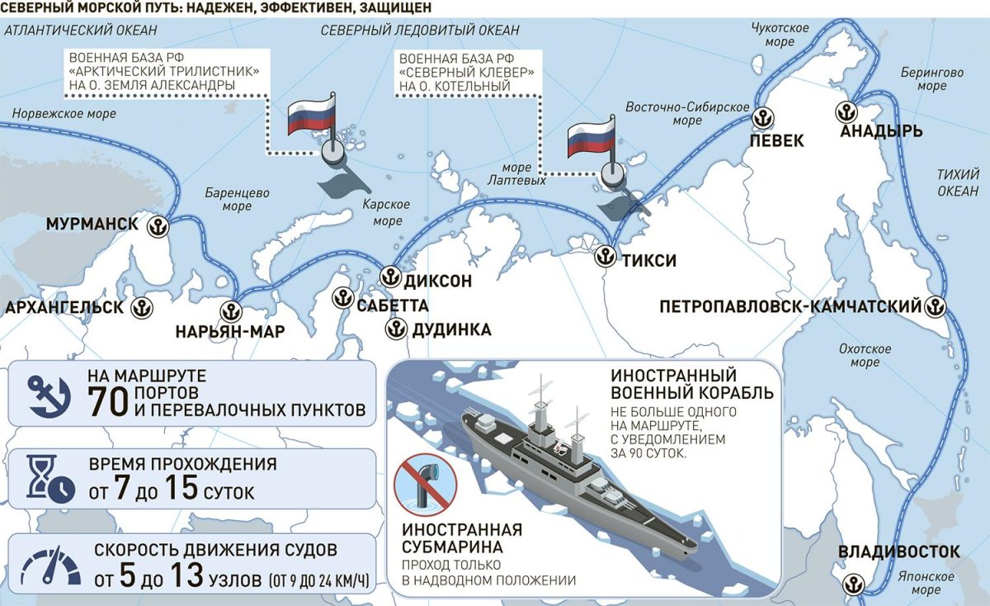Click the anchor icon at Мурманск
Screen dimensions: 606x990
tap(158, 225)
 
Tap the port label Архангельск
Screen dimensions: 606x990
tap(64, 308)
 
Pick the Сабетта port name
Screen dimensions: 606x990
tap(393, 306)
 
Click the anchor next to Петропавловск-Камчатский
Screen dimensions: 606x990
tap(935, 305)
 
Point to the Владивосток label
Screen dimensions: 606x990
tap(898, 552)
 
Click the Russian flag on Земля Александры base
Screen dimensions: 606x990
tap(311, 116)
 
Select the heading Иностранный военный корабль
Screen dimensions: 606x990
tap(691, 383)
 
